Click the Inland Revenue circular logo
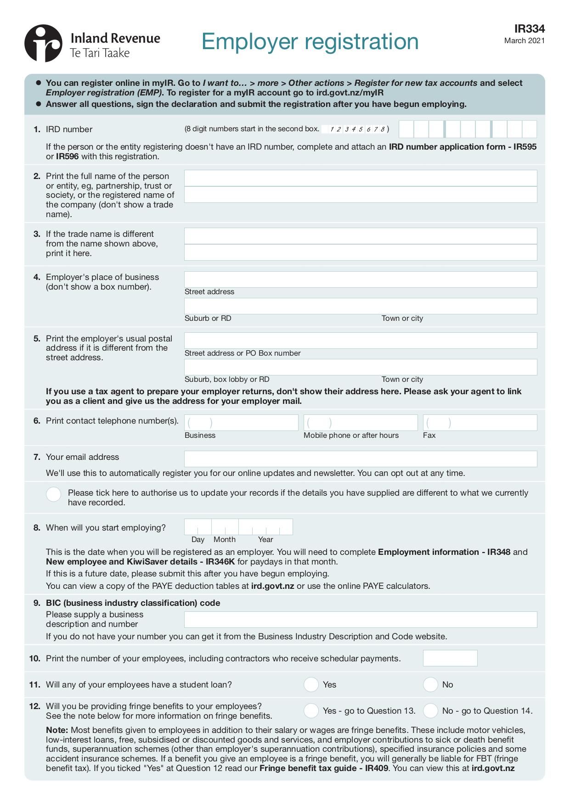coord(43,44)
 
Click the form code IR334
coord(529,29)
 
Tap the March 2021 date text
coord(524,41)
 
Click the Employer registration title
coord(310,42)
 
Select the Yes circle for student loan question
coord(311,684)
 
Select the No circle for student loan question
coord(430,684)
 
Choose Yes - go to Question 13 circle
coord(311,710)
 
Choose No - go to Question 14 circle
coord(430,710)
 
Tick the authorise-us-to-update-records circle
coord(54,494)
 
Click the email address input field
coord(360,459)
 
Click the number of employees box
coord(450,658)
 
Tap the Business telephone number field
coord(241,423)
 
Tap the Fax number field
coord(480,423)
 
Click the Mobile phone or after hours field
coord(360,423)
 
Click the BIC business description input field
coord(360,620)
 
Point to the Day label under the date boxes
coord(198,540)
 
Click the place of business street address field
coord(360,280)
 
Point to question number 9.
coord(37,603)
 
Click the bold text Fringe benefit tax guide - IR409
coord(324,768)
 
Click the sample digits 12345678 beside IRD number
coord(356,129)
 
